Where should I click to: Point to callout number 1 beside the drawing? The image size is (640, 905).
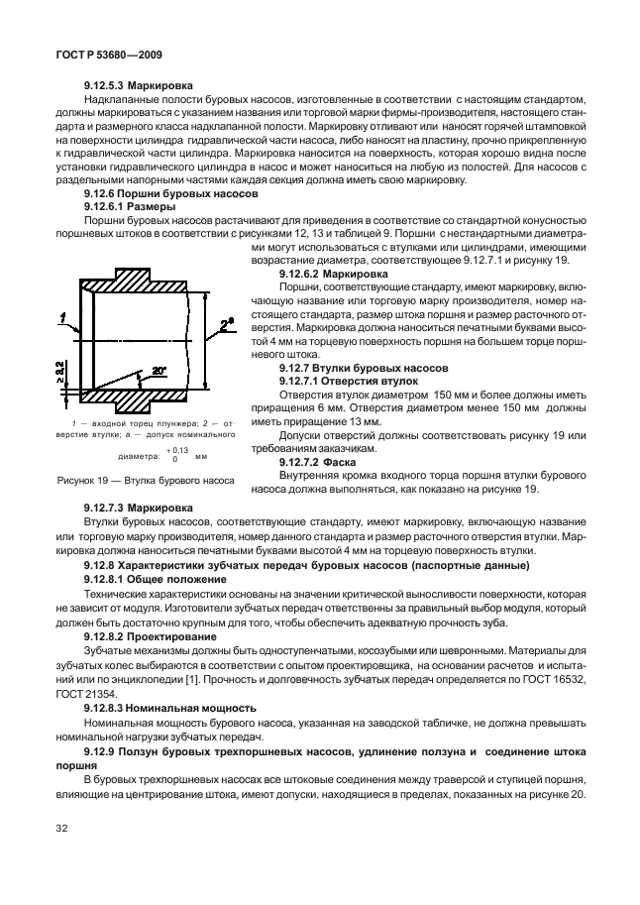[61, 317]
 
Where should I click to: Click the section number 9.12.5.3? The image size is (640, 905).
[109, 85]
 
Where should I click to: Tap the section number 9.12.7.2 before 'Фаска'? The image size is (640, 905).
[305, 461]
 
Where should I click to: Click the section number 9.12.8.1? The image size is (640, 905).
[109, 576]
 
